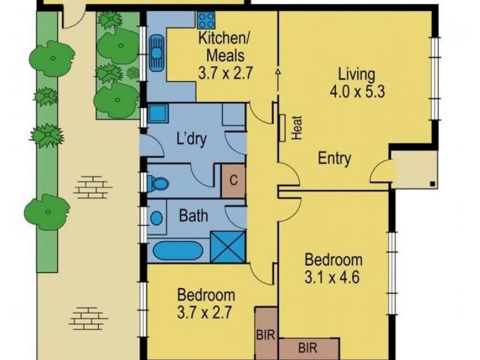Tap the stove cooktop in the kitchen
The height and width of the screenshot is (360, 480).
click(206, 20)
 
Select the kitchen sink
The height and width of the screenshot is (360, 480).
click(157, 53)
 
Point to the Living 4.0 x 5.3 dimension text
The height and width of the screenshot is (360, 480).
click(356, 91)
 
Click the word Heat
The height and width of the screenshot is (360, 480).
click(296, 128)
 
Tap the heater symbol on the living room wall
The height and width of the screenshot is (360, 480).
click(282, 128)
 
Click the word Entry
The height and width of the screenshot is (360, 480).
click(334, 158)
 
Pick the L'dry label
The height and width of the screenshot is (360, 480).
click(191, 139)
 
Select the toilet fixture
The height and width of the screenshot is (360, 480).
click(158, 184)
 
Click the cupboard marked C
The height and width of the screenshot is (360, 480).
click(233, 181)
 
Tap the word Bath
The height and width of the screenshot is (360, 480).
click(193, 216)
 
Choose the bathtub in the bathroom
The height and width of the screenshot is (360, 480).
click(178, 251)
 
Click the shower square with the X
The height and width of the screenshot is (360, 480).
click(228, 247)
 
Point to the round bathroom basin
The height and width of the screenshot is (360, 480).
click(157, 218)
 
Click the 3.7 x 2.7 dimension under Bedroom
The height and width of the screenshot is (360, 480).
click(204, 313)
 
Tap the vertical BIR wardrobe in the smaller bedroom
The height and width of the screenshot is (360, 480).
click(266, 334)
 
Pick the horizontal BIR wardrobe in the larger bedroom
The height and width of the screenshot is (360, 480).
click(309, 349)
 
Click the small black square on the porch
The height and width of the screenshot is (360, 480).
click(433, 184)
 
